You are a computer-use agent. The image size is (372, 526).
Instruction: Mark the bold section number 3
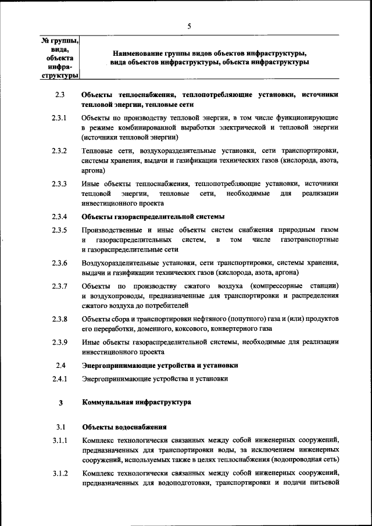(x=60, y=402)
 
